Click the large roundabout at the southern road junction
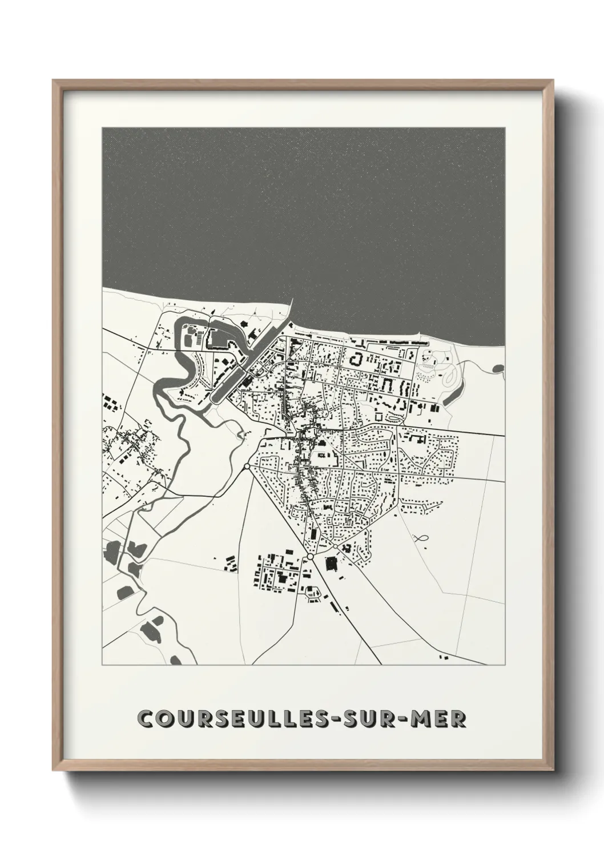[310, 556]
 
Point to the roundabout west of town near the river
[247, 467]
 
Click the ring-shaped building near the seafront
[357, 360]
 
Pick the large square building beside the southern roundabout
[331, 564]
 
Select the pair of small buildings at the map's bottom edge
[443, 659]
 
